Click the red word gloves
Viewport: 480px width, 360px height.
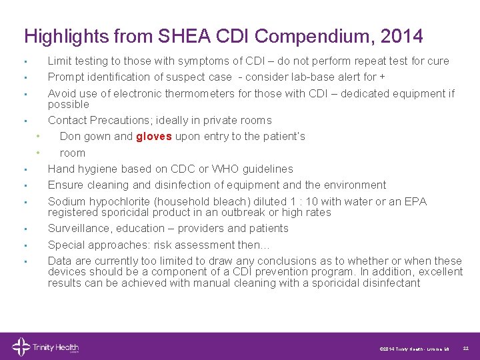[154, 137]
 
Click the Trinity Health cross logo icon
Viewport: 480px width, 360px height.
[21, 347]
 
